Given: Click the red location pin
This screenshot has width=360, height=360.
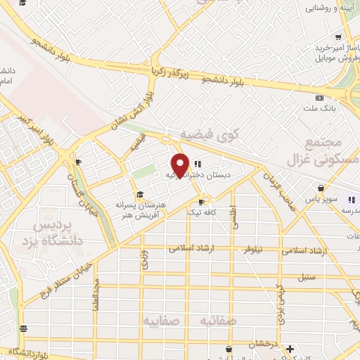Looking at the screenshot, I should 181,165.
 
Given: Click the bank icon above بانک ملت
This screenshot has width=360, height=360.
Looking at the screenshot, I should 320,98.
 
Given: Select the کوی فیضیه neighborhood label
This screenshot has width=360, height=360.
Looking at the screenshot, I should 210,134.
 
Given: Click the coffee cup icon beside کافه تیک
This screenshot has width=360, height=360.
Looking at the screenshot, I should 201,202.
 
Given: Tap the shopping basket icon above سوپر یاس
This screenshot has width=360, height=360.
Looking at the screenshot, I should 321,188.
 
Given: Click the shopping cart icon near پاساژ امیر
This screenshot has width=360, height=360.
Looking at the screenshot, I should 338,37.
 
